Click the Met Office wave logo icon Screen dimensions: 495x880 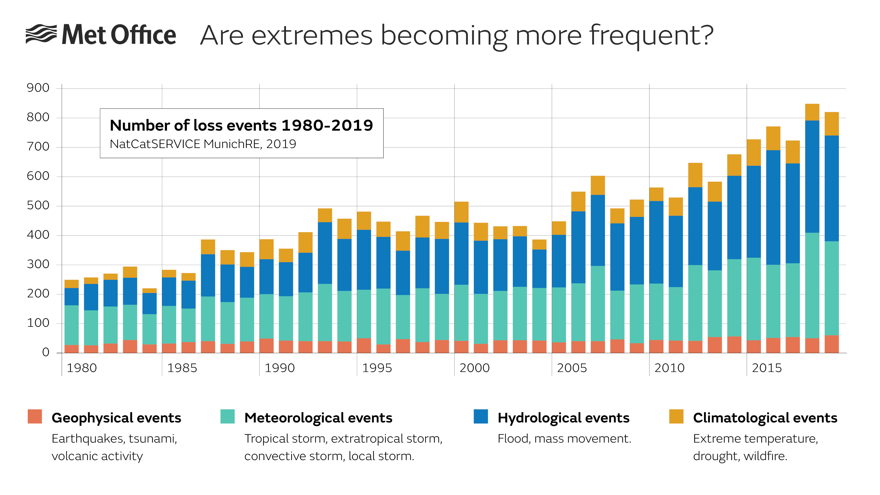click(x=41, y=34)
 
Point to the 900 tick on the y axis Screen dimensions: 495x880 click(x=38, y=88)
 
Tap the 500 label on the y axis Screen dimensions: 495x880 click(x=38, y=205)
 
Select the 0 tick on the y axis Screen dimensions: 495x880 click(x=45, y=352)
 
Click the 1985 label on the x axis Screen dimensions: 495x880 click(x=182, y=368)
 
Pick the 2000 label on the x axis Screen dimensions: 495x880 click(x=474, y=368)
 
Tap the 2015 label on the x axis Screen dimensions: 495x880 click(x=767, y=368)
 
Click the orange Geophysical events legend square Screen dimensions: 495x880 click(x=35, y=416)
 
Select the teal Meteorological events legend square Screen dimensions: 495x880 click(x=227, y=416)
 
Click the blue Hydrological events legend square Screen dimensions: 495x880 click(x=481, y=416)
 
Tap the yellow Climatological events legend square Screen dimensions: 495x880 click(x=676, y=416)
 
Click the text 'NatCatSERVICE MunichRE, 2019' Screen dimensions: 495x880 click(x=203, y=144)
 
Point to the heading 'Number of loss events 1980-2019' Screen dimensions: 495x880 click(x=241, y=125)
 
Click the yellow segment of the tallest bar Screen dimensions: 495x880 click(x=812, y=112)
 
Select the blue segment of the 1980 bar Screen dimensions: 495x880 click(x=71, y=296)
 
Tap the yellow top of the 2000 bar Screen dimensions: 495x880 click(x=461, y=212)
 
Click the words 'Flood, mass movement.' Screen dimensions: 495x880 click(x=564, y=439)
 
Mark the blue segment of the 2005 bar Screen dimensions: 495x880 click(x=559, y=261)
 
